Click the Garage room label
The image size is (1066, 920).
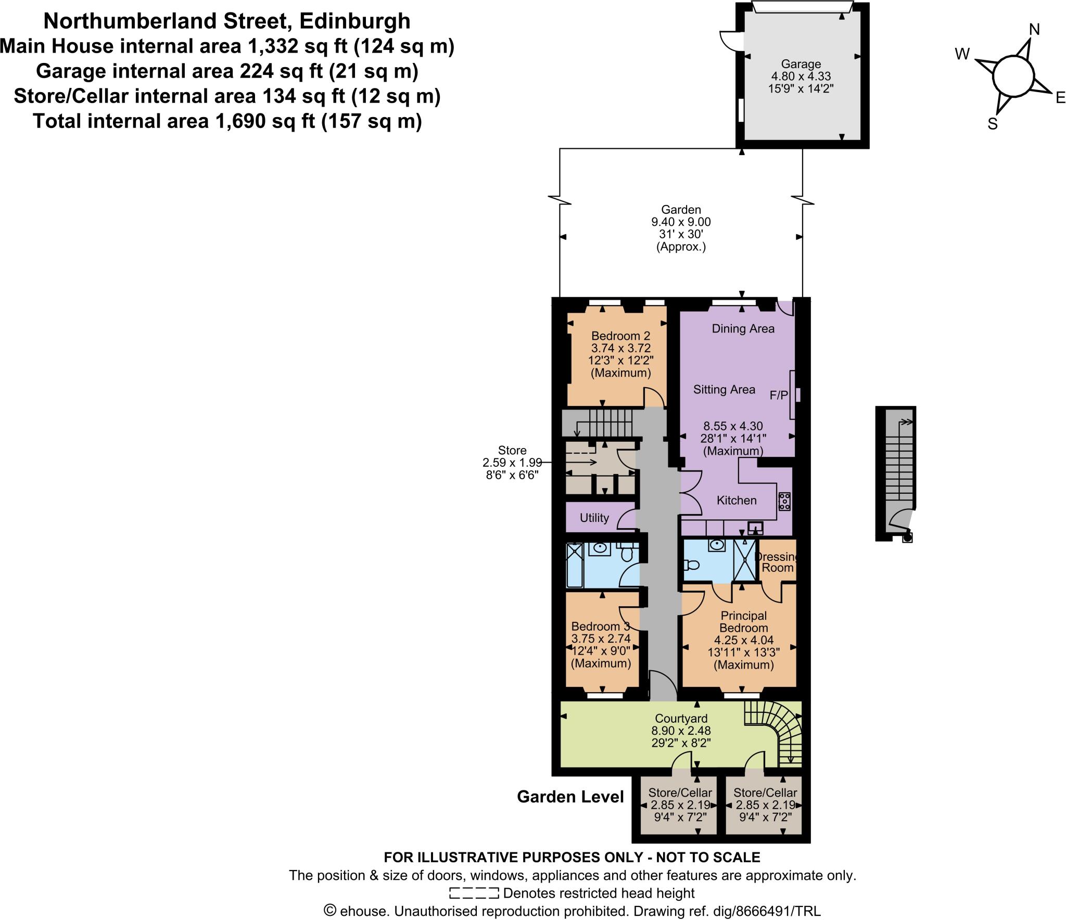(x=801, y=64)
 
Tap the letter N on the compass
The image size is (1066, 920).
(x=1034, y=30)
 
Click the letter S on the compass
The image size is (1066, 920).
(x=992, y=124)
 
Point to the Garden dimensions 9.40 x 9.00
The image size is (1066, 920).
(x=681, y=222)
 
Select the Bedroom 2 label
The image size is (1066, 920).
(x=620, y=336)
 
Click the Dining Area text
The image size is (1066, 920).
(x=743, y=328)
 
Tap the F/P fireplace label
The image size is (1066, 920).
(x=779, y=395)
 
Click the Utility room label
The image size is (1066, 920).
(x=594, y=518)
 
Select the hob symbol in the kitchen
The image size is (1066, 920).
(x=784, y=501)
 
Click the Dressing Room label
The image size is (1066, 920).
(x=777, y=562)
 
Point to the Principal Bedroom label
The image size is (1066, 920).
(x=743, y=621)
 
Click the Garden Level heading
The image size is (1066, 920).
(x=570, y=797)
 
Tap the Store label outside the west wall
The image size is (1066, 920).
(x=512, y=450)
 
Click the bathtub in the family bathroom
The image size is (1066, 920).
(x=575, y=565)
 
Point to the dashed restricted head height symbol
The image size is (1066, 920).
(x=474, y=893)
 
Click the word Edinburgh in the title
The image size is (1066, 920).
(x=354, y=21)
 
